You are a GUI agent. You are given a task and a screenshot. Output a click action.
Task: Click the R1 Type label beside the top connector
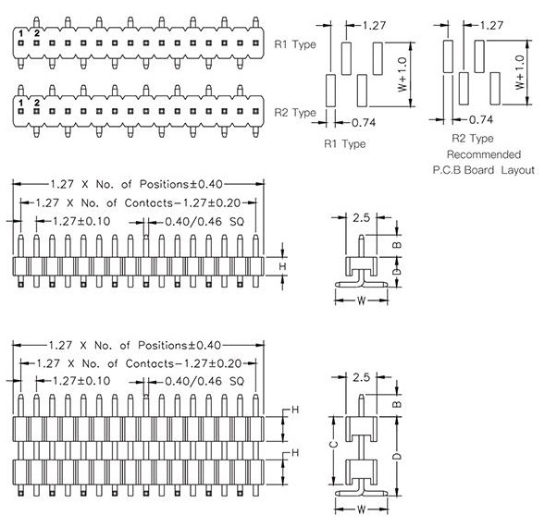pos(295,43)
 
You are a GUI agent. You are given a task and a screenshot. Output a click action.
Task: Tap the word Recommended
pos(483,154)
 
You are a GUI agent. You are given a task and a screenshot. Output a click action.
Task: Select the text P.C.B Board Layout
pos(483,171)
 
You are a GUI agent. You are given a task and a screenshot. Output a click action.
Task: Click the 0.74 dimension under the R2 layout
pos(480,119)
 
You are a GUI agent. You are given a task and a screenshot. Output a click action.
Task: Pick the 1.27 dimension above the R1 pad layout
pos(375,26)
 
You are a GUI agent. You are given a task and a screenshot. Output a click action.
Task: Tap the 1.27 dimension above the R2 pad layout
pos(492,26)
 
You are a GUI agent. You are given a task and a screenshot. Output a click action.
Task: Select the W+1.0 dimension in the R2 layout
pos(520,72)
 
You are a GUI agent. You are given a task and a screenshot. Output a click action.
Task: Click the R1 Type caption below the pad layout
pos(343,143)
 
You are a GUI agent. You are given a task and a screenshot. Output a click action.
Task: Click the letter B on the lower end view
pos(397,404)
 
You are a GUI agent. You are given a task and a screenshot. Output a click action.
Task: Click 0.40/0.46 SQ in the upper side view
pos(202,222)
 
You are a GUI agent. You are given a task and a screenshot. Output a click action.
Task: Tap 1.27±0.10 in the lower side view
pos(80,381)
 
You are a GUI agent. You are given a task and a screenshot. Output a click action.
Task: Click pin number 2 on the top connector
pos(37,33)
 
